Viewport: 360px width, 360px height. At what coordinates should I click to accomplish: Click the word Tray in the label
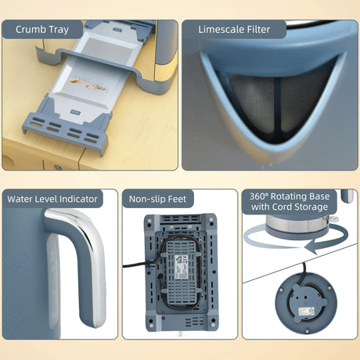(59, 30)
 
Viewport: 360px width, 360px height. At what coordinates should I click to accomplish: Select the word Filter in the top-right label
(257, 29)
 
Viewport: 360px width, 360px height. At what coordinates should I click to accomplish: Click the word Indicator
(78, 199)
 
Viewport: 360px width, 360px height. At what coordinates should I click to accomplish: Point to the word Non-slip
(147, 200)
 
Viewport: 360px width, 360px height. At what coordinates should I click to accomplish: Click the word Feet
(177, 200)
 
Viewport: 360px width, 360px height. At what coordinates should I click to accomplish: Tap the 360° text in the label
(258, 196)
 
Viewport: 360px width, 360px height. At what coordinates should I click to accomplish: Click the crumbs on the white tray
(88, 84)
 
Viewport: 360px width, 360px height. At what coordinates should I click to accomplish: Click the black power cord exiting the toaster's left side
(136, 266)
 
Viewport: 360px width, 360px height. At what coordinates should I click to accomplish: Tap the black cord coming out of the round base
(303, 275)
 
